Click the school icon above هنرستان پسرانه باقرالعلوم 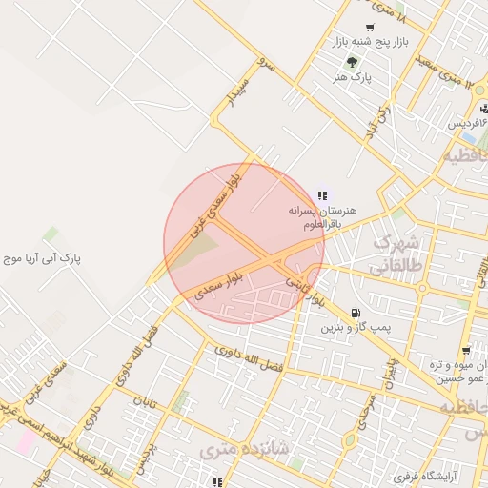pyautogui.click(x=321, y=194)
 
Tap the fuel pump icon pyautogui.click(x=356, y=312)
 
